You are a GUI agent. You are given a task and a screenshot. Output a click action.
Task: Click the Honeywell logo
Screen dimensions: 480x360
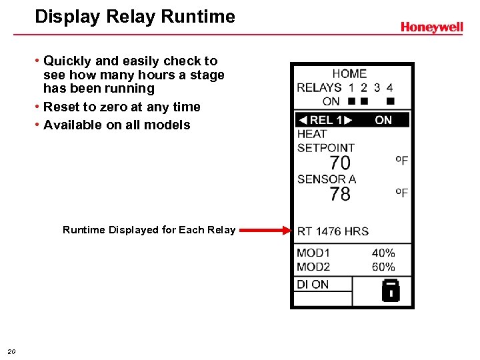431,27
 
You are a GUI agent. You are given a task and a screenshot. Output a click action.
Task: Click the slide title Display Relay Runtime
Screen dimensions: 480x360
135,17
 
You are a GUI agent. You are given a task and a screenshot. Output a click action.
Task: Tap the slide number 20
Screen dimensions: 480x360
12,351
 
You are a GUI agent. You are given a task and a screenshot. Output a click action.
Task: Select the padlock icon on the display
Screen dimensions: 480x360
390,290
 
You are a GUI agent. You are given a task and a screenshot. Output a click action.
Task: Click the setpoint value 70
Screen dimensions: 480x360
340,163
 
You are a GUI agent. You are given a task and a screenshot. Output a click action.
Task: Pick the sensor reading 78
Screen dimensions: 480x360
340,194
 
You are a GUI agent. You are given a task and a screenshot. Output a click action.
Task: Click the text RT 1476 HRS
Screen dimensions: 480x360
333,231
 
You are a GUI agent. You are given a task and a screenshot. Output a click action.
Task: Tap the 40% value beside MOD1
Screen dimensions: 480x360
383,253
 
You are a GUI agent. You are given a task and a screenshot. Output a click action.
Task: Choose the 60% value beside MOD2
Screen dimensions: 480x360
383,267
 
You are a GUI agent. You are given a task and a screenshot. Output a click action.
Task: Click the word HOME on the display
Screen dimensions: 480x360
349,74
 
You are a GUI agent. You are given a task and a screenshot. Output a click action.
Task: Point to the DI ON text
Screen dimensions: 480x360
313,284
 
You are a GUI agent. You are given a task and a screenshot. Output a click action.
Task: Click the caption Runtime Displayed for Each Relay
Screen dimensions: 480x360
149,230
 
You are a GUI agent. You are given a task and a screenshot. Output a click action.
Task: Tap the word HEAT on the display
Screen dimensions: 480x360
312,134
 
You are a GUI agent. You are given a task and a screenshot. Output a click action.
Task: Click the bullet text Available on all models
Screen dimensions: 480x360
117,125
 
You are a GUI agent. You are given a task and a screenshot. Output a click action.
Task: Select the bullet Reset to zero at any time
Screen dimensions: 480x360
121,107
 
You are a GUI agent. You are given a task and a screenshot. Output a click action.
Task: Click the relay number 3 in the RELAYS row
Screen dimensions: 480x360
377,87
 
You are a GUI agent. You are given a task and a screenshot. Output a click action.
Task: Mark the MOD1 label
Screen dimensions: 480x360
313,253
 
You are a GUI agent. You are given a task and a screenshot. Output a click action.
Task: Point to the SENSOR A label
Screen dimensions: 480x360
327,179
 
